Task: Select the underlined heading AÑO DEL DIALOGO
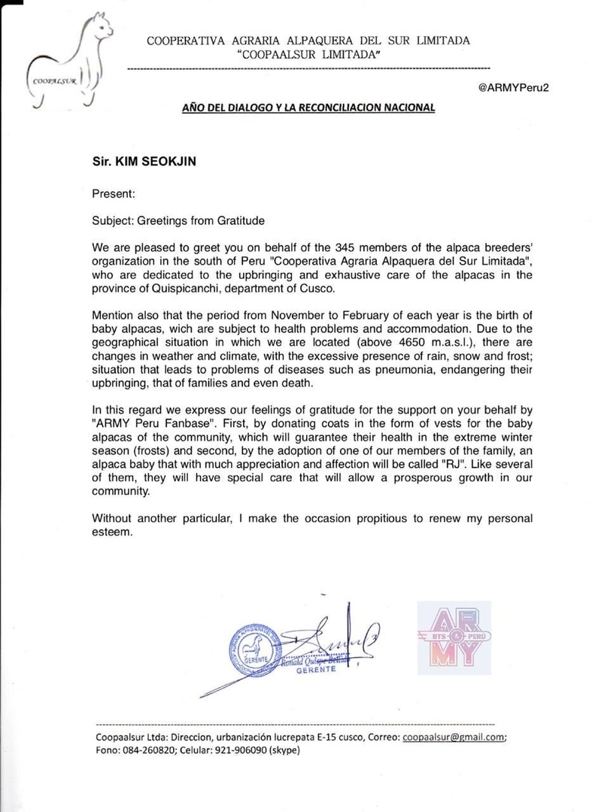[x=308, y=108]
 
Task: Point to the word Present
[x=113, y=193]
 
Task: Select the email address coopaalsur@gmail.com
[x=451, y=738]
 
